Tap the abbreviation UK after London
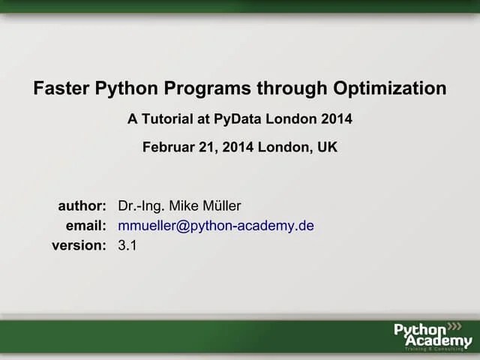coord(328,147)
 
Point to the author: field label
coord(82,206)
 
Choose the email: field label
coord(85,226)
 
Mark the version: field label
coord(79,245)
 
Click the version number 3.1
coord(127,245)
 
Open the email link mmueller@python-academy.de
coord(216,226)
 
